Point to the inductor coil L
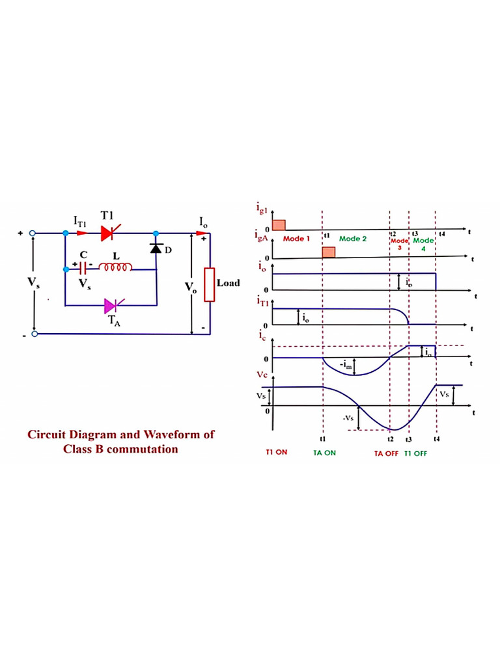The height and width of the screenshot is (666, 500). tap(116, 267)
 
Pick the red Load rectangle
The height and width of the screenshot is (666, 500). tap(210, 284)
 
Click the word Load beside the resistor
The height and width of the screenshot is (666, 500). tap(228, 283)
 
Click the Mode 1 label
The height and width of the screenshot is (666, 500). tap(296, 239)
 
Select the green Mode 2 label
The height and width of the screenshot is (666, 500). tap(353, 239)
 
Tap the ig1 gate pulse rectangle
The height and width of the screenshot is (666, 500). tap(279, 225)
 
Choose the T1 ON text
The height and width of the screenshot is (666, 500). tap(276, 452)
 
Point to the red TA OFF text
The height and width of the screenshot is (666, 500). tap(385, 453)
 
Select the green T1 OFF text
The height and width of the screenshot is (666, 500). tap(415, 453)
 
